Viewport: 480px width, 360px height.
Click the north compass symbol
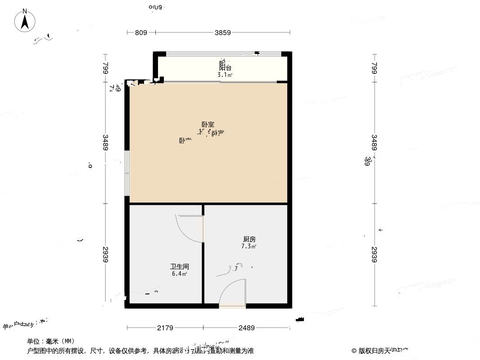click(x=25, y=20)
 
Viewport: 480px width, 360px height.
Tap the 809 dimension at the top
click(x=141, y=32)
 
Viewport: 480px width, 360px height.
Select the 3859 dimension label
click(x=223, y=32)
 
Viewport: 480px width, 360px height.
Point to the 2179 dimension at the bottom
click(x=165, y=328)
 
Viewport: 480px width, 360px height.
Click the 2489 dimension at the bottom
click(x=246, y=328)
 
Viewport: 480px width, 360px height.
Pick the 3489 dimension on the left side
click(x=105, y=143)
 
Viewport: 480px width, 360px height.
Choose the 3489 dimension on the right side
click(x=374, y=143)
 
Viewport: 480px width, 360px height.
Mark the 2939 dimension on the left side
click(x=105, y=255)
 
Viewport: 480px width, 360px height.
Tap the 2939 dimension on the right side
click(x=374, y=255)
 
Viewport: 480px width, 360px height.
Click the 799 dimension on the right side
click(x=374, y=68)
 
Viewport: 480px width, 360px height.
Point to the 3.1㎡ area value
click(x=225, y=75)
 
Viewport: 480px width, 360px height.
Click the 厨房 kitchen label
click(x=249, y=239)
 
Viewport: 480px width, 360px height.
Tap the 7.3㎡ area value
click(x=249, y=247)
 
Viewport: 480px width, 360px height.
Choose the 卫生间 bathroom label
click(x=179, y=266)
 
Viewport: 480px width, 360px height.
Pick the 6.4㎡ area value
click(x=179, y=274)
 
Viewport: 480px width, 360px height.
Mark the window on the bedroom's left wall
click(x=127, y=173)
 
